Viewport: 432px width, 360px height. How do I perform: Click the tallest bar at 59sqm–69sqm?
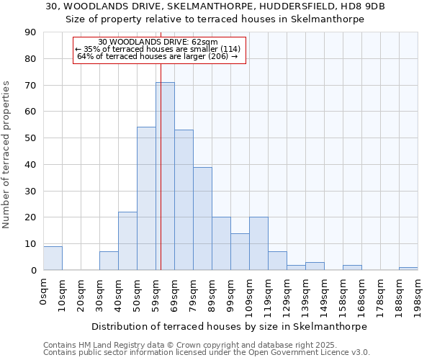pos(165,176)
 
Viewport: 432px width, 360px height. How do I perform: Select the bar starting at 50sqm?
pos(146,199)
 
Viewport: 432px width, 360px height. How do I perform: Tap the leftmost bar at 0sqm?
pos(53,258)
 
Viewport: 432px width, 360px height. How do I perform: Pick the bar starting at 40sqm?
pos(127,241)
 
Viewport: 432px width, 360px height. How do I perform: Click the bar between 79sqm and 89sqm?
pos(202,219)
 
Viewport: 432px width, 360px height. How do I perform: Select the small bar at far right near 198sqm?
pos(408,269)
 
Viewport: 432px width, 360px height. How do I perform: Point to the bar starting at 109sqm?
pos(258,244)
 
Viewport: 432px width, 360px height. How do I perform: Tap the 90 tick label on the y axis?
pos(30,32)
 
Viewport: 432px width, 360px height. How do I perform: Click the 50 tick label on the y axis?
pos(30,138)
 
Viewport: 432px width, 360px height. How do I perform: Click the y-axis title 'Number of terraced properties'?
pos(7,155)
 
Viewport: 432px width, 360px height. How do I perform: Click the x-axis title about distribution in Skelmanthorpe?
pos(230,326)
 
